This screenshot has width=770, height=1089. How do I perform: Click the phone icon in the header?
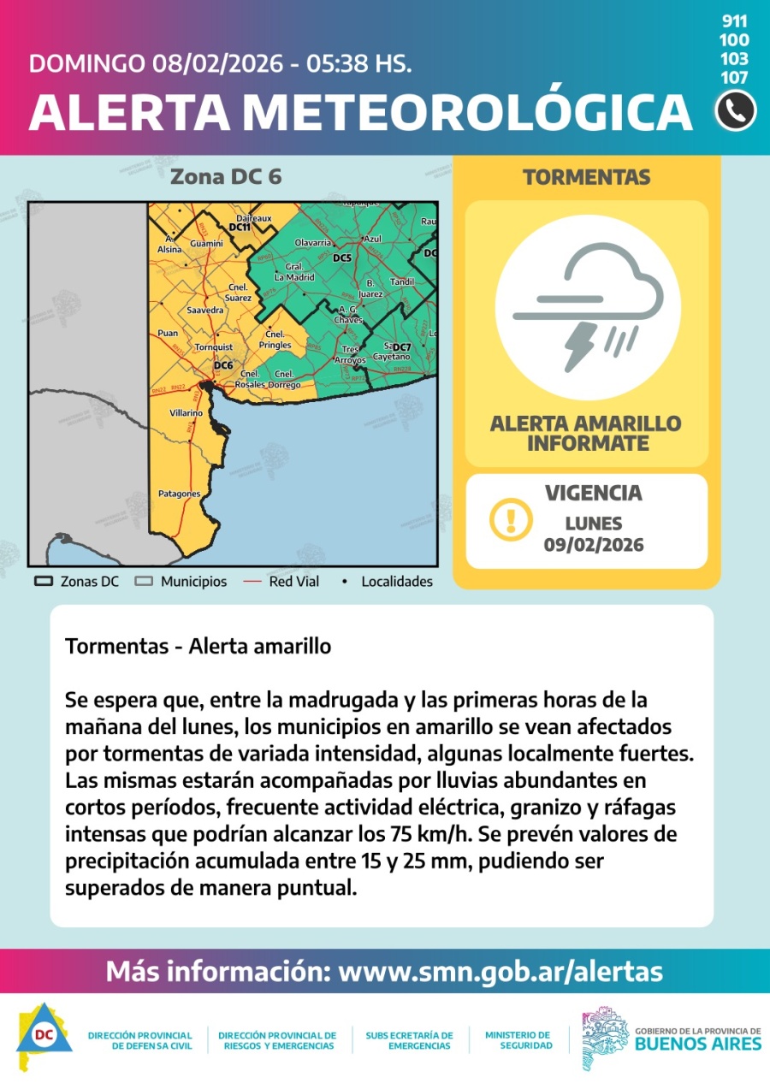pyautogui.click(x=735, y=110)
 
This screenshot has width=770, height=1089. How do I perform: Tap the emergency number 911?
pyautogui.click(x=735, y=21)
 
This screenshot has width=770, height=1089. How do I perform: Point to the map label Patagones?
pyautogui.click(x=179, y=494)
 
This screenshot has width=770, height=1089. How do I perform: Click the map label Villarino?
pyautogui.click(x=186, y=412)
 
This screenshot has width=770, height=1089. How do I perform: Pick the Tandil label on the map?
pyautogui.click(x=401, y=281)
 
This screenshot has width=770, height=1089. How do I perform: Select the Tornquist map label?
pyautogui.click(x=213, y=347)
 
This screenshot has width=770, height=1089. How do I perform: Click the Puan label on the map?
pyautogui.click(x=168, y=333)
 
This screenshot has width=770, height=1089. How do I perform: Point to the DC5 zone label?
pyautogui.click(x=342, y=257)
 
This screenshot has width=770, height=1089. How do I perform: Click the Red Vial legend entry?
pyautogui.click(x=285, y=582)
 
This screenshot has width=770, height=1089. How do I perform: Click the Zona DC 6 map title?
pyautogui.click(x=226, y=177)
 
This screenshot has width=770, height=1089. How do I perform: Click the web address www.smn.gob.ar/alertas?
pyautogui.click(x=500, y=972)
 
